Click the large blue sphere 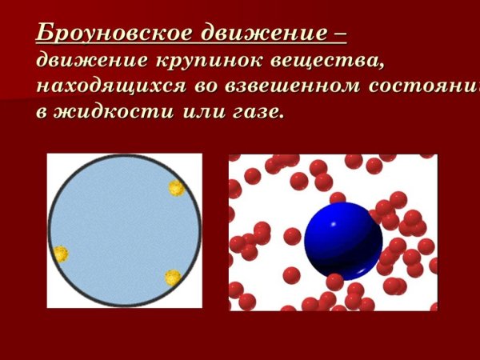coord(344,239)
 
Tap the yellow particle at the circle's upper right coord(177,189)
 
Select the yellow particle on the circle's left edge coord(60,254)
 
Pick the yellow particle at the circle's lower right coord(173,277)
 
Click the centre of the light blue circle coord(124,230)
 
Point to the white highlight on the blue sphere coord(327,221)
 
